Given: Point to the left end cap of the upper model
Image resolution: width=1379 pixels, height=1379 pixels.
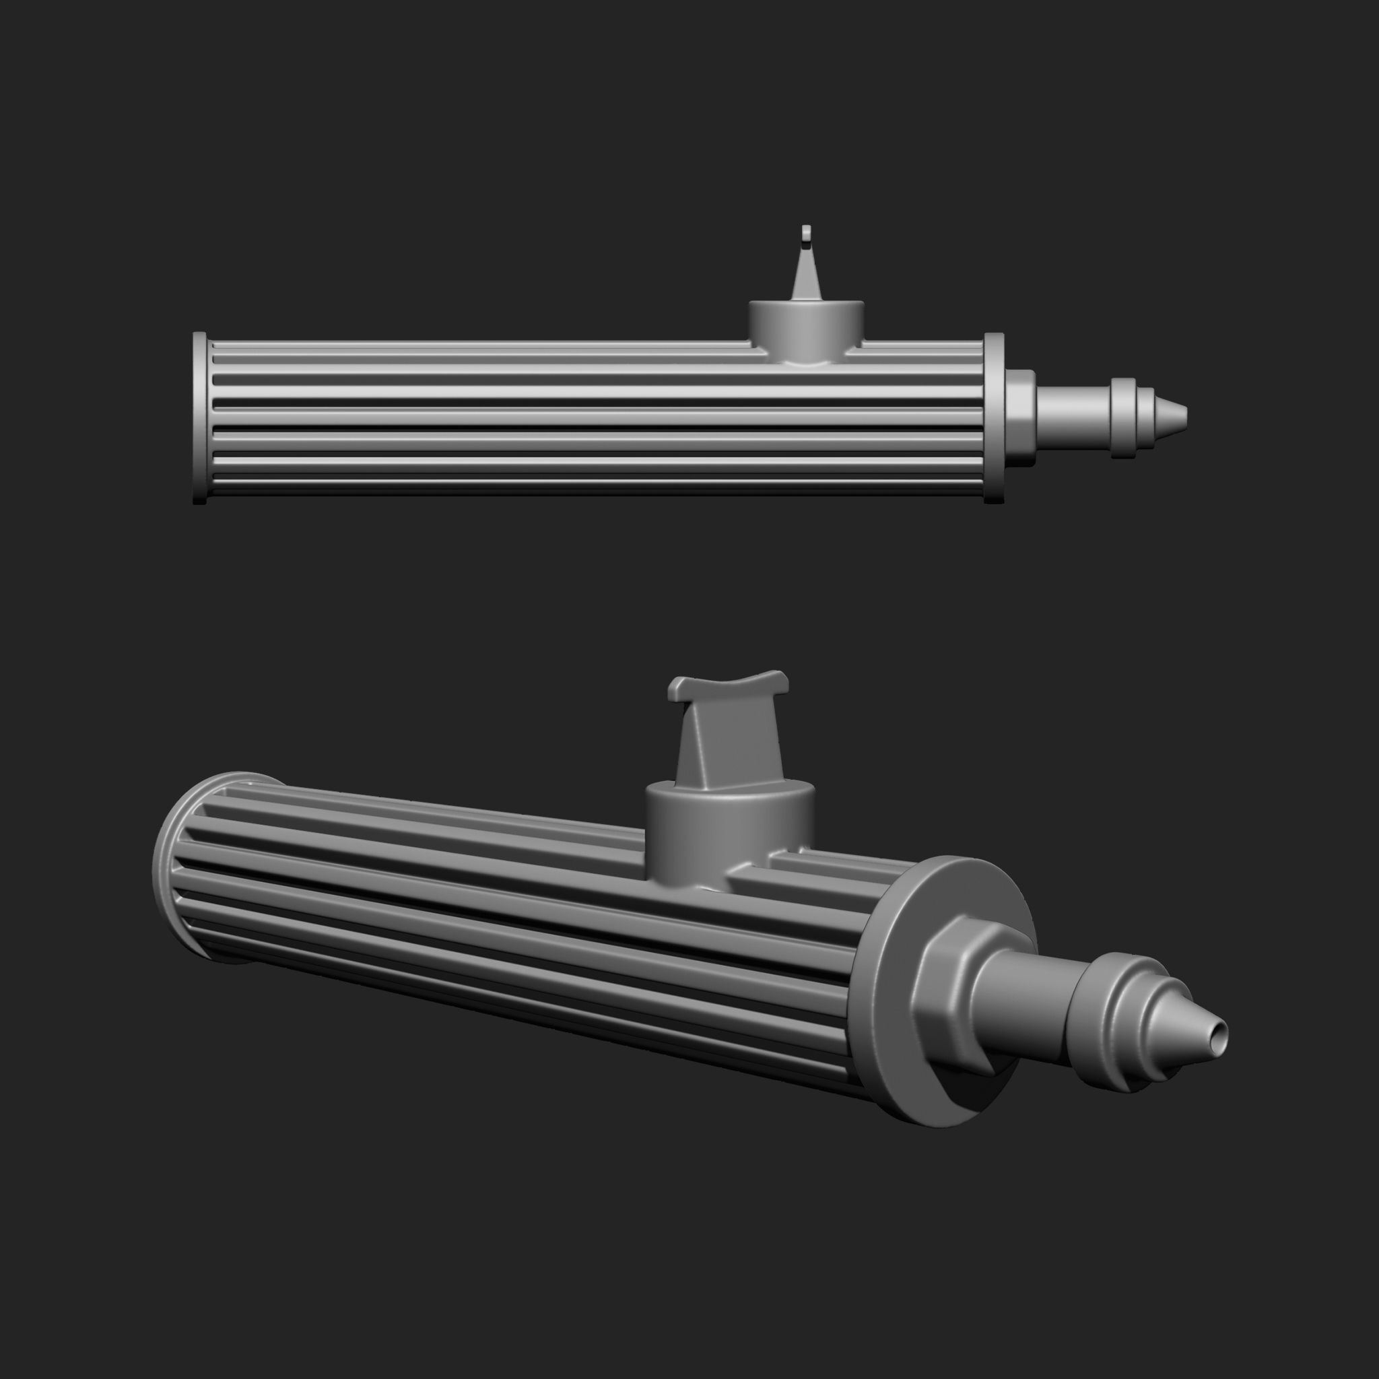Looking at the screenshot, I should point(200,417).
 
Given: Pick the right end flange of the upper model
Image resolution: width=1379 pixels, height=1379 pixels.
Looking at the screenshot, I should point(994,417).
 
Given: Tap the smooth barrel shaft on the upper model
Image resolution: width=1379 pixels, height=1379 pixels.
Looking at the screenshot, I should point(1071,414).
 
